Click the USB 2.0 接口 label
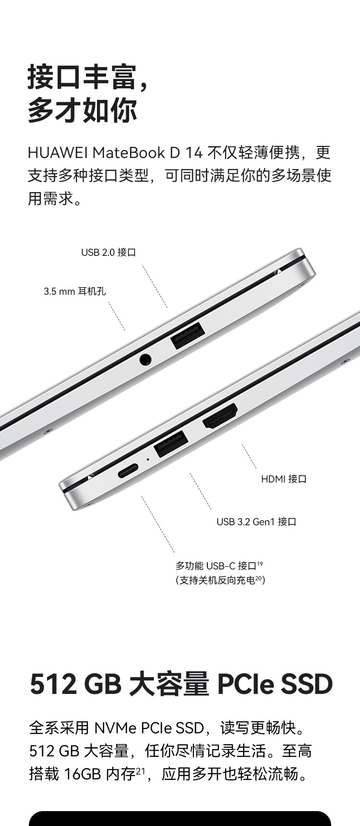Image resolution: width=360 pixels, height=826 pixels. [108, 252]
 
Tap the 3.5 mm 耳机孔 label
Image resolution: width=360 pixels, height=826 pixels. [75, 291]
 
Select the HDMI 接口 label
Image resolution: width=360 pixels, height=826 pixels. [284, 479]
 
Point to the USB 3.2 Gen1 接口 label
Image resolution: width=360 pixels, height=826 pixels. [256, 522]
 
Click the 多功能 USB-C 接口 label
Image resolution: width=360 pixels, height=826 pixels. [219, 566]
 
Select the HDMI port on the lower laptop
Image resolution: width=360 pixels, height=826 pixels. [220, 416]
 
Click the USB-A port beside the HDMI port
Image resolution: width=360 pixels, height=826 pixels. [171, 444]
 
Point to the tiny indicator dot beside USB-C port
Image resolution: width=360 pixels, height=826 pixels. [147, 459]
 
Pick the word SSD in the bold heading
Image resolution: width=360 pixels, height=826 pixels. [307, 684]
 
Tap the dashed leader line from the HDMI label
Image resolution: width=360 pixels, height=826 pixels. [249, 456]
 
